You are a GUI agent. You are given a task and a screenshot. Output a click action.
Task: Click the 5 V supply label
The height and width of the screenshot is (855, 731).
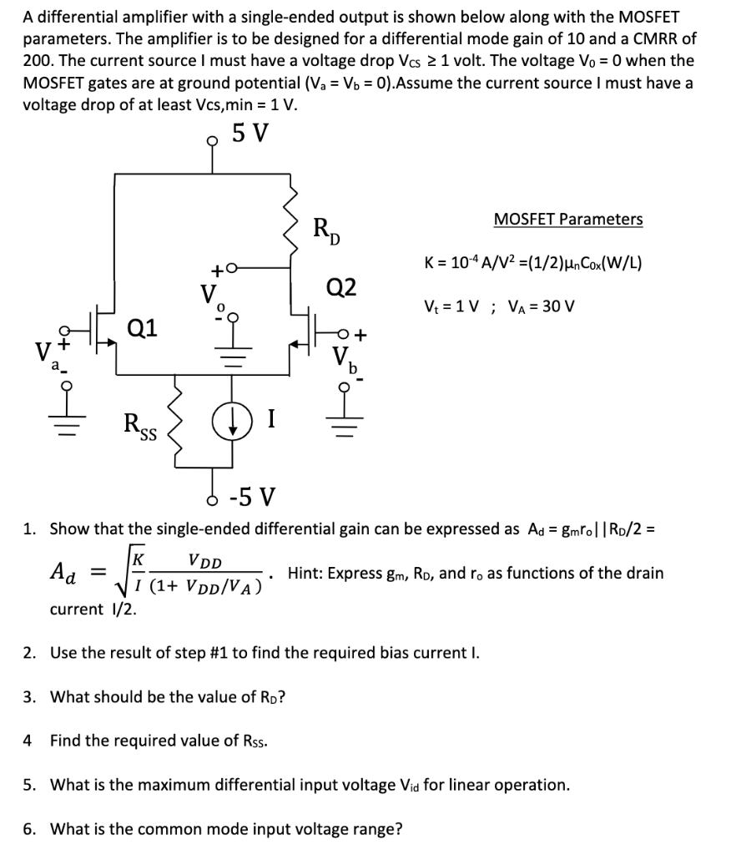(250, 133)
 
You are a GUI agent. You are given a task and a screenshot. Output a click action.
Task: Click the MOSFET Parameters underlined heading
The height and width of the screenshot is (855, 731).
(568, 220)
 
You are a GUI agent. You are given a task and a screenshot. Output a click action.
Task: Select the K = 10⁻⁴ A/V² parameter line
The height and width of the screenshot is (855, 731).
(534, 262)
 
